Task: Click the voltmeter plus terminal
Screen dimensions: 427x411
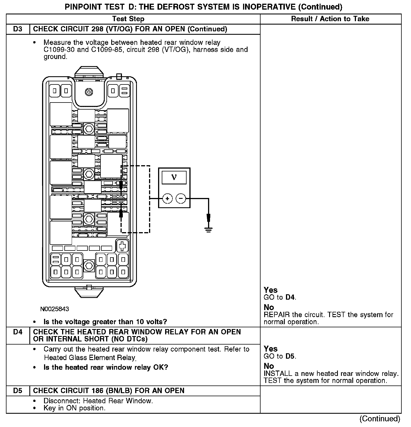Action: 167,199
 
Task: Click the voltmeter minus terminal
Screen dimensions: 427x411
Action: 181,199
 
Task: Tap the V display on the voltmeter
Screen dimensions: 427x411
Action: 174,178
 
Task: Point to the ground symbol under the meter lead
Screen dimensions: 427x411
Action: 209,229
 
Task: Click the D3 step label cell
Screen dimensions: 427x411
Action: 18,29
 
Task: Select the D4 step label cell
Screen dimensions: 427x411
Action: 18,332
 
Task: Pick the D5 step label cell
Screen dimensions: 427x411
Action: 18,391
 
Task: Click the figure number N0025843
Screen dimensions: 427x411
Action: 54,309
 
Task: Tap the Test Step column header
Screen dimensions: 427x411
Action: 128,19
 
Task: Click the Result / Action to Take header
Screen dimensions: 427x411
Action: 330,19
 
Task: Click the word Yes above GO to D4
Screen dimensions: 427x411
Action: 271,290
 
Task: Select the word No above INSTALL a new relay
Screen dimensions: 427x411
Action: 269,366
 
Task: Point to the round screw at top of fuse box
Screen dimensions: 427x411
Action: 89,92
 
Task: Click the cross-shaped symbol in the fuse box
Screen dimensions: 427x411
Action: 122,246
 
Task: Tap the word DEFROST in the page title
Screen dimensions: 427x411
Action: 177,7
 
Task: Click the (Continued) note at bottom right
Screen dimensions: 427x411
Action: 380,419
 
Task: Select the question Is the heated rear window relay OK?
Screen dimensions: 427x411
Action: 106,367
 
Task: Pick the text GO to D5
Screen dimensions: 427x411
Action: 280,356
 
